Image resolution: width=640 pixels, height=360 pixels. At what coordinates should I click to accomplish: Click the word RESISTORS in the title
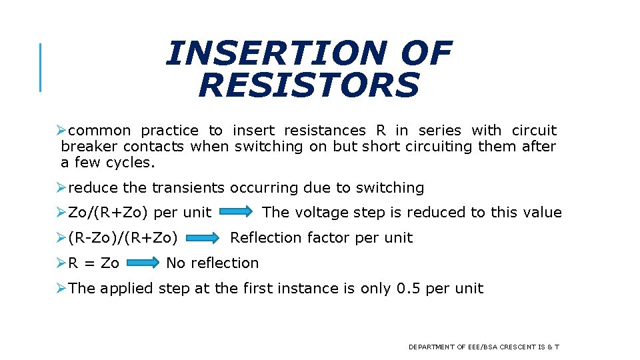309,85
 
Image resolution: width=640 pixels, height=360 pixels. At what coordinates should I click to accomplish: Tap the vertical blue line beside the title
41,67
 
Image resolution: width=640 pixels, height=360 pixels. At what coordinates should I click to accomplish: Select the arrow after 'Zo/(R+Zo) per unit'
236,213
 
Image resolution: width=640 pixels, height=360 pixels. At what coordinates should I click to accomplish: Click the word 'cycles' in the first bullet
132,163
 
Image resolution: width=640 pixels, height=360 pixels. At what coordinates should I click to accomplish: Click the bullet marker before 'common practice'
61,131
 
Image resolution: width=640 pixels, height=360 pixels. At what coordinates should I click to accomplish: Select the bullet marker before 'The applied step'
61,289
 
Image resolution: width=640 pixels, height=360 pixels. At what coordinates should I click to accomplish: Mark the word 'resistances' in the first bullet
325,131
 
